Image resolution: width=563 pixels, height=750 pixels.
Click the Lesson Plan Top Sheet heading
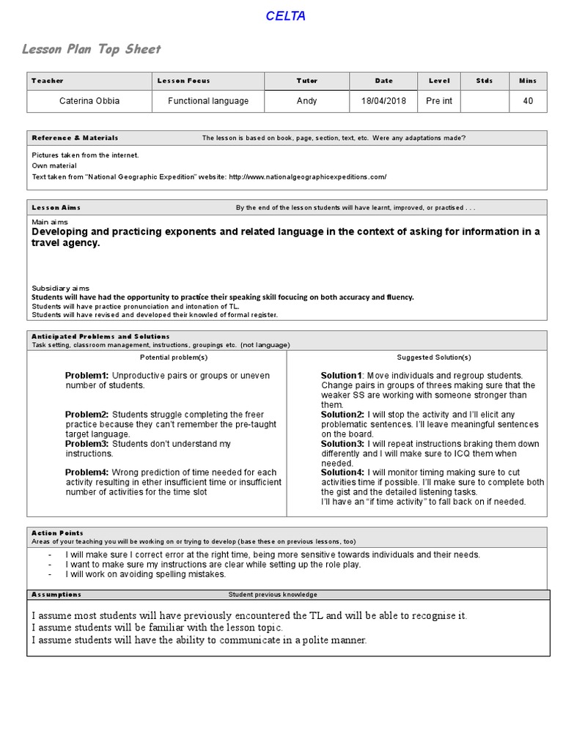tap(91, 49)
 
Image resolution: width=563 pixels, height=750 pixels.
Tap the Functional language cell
tap(208, 101)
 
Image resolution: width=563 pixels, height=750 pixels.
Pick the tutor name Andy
tap(306, 101)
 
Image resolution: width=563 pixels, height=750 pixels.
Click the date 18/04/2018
tap(383, 101)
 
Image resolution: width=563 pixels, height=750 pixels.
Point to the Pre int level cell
tap(439, 101)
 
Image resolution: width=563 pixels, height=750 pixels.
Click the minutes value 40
tap(528, 101)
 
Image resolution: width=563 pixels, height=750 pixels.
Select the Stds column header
tap(485, 81)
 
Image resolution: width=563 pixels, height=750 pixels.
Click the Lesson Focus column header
tap(183, 81)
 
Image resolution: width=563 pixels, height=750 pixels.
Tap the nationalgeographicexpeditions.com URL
tap(307, 177)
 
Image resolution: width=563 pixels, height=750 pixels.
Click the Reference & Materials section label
tap(75, 138)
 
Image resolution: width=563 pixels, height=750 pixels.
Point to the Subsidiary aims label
tap(60, 289)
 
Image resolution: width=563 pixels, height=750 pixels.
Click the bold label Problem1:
tap(87, 376)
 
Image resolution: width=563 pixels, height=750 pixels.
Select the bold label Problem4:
tap(87, 472)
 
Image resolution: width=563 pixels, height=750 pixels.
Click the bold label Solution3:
tap(342, 444)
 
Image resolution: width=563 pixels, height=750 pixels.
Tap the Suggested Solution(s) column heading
tap(434, 357)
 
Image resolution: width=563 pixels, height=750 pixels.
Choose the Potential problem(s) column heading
tap(174, 357)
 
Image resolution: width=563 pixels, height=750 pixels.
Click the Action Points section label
tap(57, 533)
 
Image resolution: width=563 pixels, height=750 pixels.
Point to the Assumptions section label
tap(56, 594)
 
